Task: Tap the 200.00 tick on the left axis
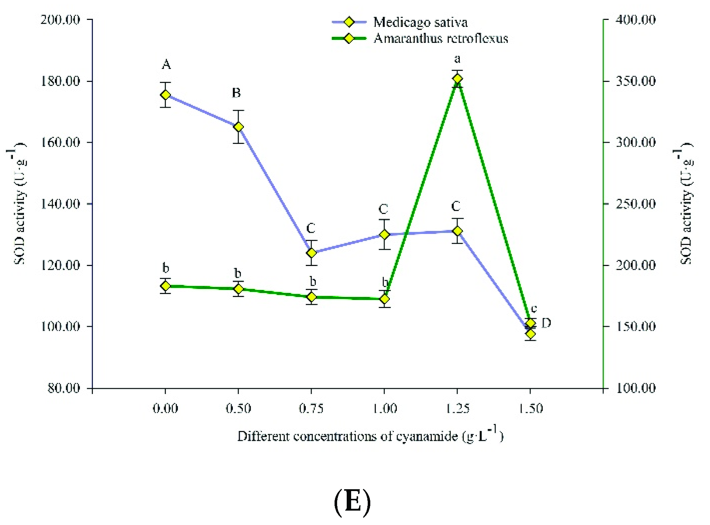(60, 20)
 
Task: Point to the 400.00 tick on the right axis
(636, 20)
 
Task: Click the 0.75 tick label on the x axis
(311, 408)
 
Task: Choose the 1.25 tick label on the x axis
(457, 408)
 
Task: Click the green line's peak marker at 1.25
(457, 79)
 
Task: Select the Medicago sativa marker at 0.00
(165, 95)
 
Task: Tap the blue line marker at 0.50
(238, 127)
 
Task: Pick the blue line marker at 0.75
(311, 253)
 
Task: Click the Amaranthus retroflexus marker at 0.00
(165, 286)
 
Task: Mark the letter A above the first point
(166, 65)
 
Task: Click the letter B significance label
(236, 93)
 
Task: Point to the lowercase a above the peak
(457, 59)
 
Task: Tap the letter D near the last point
(546, 323)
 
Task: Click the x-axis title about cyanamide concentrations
(370, 436)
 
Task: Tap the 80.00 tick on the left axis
(64, 388)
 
